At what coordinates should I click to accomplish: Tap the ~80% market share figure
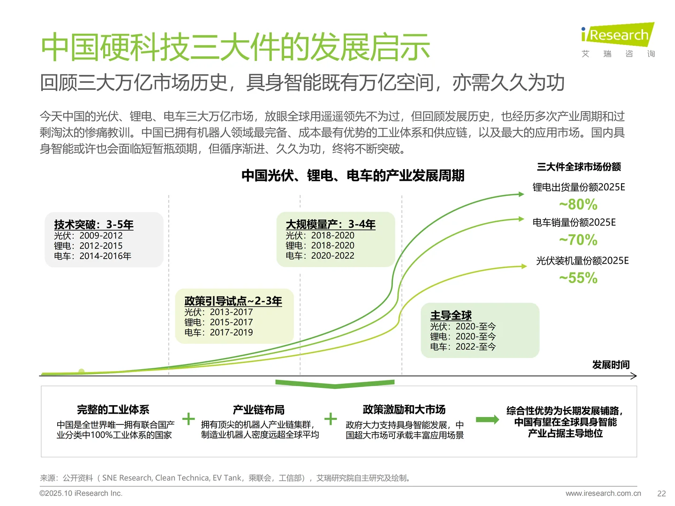coord(578,204)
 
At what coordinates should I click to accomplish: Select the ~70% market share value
coord(578,240)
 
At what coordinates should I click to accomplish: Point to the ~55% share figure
coord(578,278)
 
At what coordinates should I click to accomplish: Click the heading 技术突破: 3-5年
coord(94,224)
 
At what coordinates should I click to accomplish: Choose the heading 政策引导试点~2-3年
coord(233,301)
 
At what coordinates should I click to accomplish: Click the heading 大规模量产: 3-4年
coord(330,224)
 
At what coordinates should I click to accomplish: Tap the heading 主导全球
coord(451,315)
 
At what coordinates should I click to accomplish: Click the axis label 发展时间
coord(611,365)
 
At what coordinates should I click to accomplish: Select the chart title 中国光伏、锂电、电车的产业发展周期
coord(352,176)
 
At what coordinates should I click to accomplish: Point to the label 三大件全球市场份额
coord(579,167)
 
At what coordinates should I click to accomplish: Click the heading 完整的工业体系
coord(113,410)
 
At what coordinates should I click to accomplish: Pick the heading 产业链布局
coord(259,410)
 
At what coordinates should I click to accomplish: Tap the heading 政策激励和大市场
coord(404,409)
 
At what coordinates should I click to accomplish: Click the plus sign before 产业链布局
coord(188,418)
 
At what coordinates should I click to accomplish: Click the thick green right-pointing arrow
coord(487,419)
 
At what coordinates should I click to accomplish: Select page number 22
coord(661,493)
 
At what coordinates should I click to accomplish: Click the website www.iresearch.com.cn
coord(603,493)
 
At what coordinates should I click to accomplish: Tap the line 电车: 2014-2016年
coord(92,256)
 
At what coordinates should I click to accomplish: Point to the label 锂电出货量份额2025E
coord(579,187)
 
